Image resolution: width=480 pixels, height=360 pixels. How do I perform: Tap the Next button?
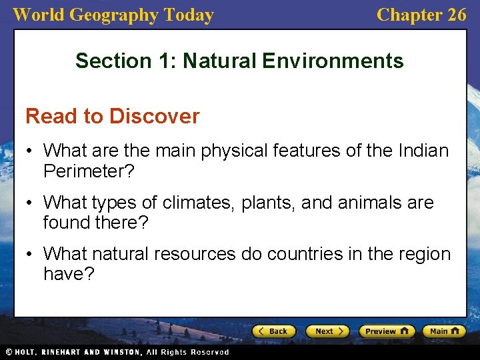327,331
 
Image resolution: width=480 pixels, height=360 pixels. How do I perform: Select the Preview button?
387,331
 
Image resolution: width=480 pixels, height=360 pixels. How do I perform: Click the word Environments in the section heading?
333,61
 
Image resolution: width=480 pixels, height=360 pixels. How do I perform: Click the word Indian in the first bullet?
422,151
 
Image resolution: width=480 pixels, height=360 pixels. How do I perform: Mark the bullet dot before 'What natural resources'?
31,254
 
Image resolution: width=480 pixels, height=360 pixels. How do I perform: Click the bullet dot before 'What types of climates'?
31,203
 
